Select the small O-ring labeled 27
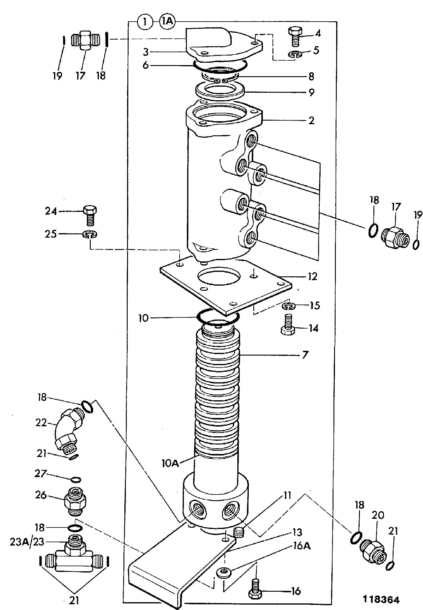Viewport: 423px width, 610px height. click(x=76, y=479)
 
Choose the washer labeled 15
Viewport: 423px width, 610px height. click(x=288, y=306)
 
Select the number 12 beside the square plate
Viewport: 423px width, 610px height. click(x=312, y=276)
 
